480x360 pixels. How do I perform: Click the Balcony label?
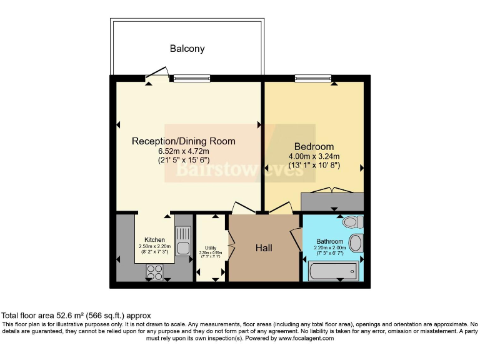click(187, 48)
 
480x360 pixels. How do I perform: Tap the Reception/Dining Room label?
click(183, 141)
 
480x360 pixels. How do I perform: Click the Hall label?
click(264, 248)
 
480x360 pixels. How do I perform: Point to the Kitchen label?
click(154, 239)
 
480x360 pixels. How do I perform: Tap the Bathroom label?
click(329, 241)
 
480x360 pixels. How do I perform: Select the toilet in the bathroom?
click(351, 222)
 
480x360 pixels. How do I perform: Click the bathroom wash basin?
click(356, 242)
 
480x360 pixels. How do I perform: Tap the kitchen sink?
click(182, 241)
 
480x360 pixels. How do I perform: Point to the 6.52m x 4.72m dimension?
click(183, 151)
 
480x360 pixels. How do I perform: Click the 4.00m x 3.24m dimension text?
click(314, 156)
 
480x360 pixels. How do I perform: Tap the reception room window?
click(191, 78)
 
